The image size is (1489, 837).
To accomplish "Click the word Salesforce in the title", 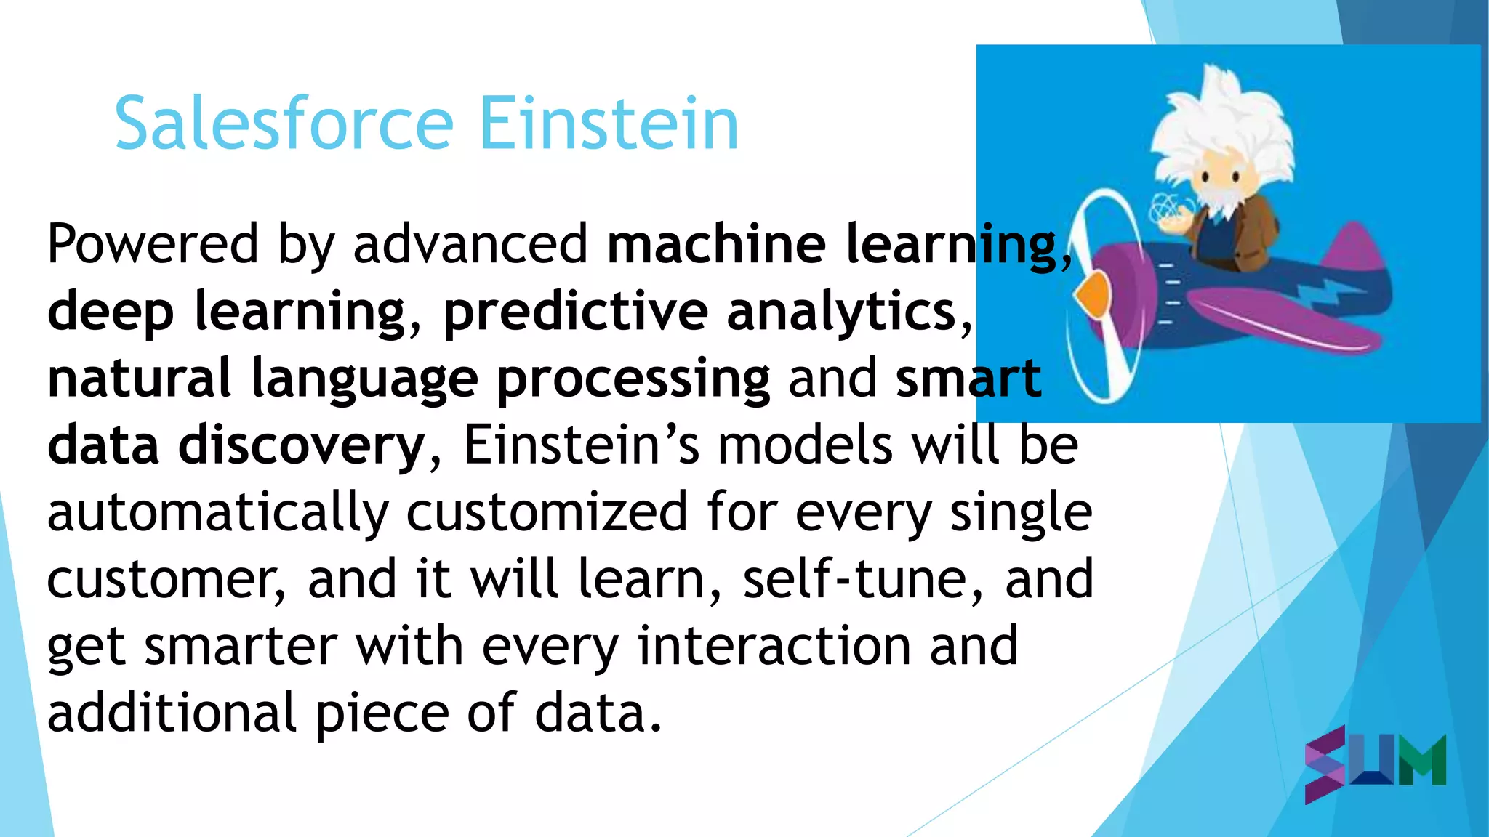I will [x=284, y=124].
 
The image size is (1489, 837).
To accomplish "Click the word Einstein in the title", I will [x=609, y=124].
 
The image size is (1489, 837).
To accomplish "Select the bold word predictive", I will [x=575, y=311].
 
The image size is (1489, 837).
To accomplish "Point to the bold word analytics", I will [x=841, y=311].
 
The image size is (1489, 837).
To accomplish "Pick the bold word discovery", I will [x=302, y=445].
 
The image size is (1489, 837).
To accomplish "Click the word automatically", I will [x=218, y=513].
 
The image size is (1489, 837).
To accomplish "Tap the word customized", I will [x=547, y=511].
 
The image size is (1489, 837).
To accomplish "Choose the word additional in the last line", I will [x=172, y=713].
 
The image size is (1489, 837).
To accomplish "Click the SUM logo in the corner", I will [x=1375, y=763].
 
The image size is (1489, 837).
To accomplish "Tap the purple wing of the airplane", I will [x=1280, y=320].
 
